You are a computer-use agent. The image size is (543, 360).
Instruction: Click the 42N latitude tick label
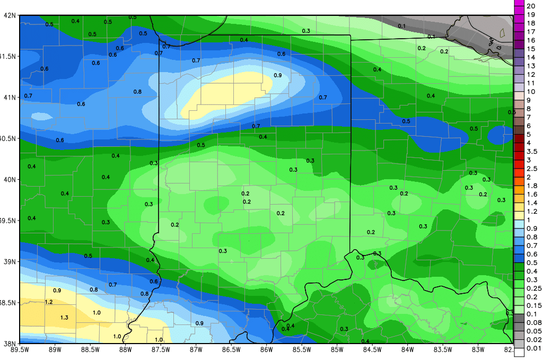(x=10, y=15)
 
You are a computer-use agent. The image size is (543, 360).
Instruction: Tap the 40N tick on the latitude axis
(x=10, y=180)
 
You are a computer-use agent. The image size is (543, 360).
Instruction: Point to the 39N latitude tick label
(x=10, y=262)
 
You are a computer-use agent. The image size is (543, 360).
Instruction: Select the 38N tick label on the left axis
(x=10, y=344)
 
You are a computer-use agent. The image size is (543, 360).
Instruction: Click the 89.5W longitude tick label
(x=20, y=349)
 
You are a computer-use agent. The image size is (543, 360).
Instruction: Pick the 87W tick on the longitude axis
(x=196, y=349)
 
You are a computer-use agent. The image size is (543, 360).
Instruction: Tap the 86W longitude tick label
(x=266, y=349)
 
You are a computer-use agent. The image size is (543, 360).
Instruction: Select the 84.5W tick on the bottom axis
(x=372, y=349)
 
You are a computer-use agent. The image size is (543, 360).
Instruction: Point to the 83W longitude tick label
(x=478, y=349)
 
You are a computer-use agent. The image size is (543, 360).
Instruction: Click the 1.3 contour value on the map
(x=64, y=318)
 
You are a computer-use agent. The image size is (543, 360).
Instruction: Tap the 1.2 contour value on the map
(x=49, y=302)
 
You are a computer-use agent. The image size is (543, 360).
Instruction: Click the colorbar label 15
(x=530, y=49)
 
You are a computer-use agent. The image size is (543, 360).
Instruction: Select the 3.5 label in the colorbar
(x=532, y=151)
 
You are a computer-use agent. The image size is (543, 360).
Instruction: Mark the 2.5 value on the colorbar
(x=532, y=168)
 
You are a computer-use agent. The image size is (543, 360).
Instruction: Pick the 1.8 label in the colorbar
(x=532, y=186)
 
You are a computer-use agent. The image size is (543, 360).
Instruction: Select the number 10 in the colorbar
(x=530, y=92)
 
